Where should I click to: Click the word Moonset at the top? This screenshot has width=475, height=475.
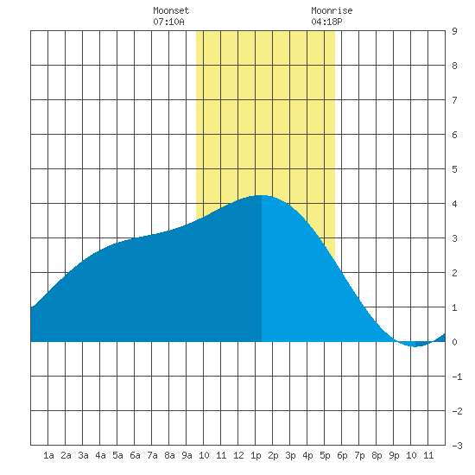[171, 10]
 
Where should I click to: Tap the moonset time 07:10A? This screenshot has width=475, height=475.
[168, 22]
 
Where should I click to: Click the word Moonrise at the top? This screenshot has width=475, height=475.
[332, 10]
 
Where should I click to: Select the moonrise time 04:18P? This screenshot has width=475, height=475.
[326, 22]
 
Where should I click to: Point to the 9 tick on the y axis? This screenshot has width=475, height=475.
[454, 31]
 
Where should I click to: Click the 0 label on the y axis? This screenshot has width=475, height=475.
[454, 342]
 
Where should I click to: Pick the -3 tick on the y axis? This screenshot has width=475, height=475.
[457, 446]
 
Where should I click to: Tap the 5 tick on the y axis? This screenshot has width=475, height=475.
[454, 169]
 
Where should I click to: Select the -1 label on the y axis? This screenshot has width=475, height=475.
[457, 377]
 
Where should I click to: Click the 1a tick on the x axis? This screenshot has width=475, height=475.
[48, 455]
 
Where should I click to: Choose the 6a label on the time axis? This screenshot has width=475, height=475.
[135, 455]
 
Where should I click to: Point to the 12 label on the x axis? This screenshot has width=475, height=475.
[238, 455]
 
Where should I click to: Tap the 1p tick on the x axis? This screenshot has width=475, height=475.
[256, 455]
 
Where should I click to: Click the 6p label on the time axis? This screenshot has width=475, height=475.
[342, 455]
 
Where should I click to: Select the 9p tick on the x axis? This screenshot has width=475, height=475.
[394, 455]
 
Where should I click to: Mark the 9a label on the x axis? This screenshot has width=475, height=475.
[187, 455]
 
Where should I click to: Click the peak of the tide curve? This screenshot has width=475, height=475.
[262, 195]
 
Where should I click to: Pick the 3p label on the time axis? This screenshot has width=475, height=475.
[290, 455]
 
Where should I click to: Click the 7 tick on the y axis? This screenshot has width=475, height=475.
[454, 100]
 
